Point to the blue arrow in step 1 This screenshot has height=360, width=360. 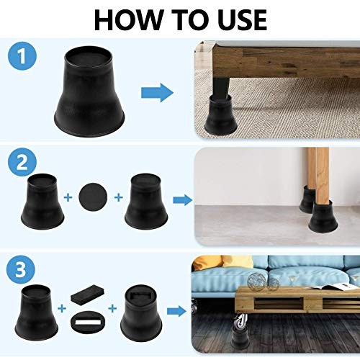click(x=156, y=92)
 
